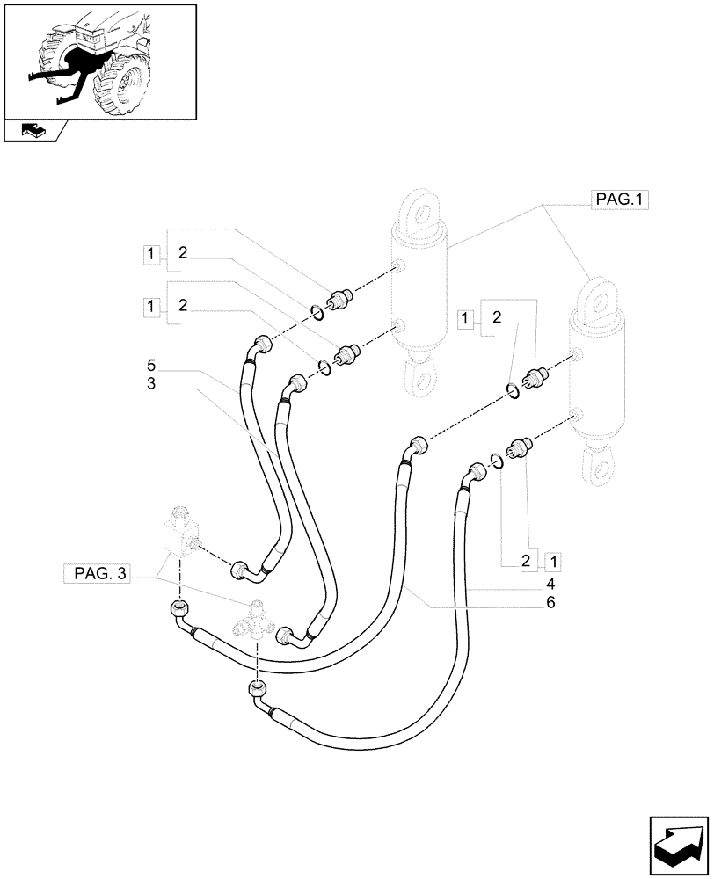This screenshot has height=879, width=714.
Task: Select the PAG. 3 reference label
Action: point(98,576)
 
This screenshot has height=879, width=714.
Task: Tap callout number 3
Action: point(151,383)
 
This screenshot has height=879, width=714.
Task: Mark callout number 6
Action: point(549,603)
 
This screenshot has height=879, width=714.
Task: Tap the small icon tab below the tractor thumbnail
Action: point(33,131)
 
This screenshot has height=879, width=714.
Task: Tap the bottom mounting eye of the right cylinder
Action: point(602,465)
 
